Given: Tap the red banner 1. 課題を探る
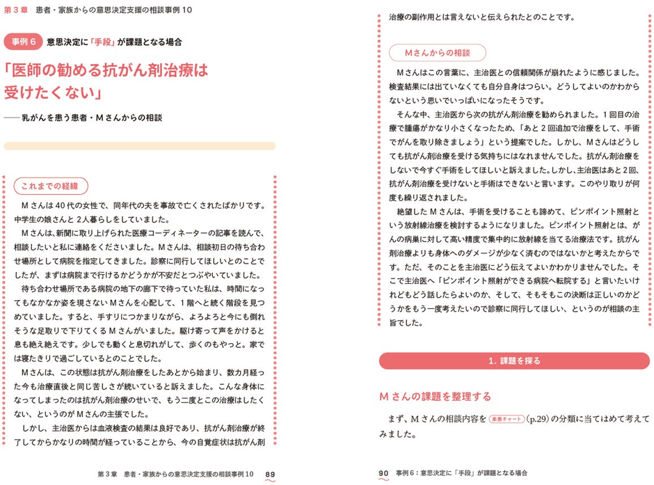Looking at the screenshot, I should tap(515, 361).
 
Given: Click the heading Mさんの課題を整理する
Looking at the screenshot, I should tap(435, 397).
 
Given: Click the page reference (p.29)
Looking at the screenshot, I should tap(539, 420).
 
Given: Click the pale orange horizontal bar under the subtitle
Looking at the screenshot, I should tap(139, 146).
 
